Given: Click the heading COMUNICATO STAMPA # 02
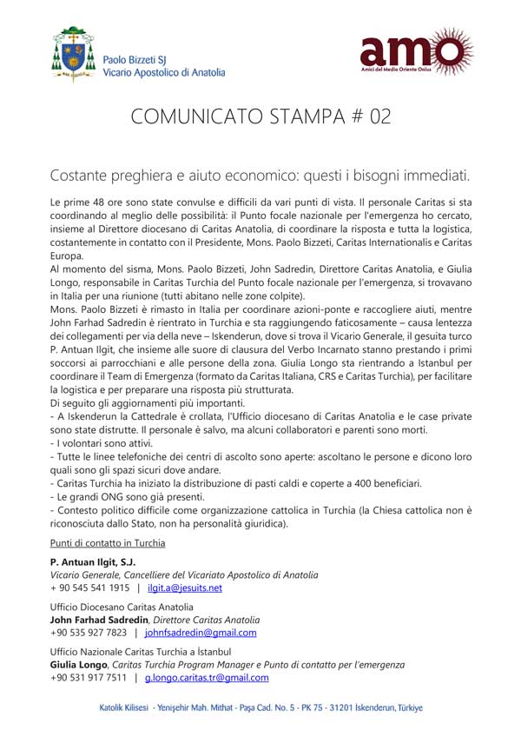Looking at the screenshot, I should (260, 117).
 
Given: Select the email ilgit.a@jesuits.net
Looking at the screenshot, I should (185, 588).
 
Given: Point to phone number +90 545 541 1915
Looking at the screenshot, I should (89, 588).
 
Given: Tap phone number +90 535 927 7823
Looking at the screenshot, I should (89, 633).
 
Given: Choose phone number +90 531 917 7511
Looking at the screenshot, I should (89, 678).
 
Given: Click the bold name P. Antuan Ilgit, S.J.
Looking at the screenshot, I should (93, 562).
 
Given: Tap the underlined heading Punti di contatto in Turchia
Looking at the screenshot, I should (108, 543).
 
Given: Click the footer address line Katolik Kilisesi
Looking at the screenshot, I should (260, 708).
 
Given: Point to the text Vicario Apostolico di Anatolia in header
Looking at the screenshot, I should (164, 73).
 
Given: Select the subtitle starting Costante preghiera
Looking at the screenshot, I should (260, 175).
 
